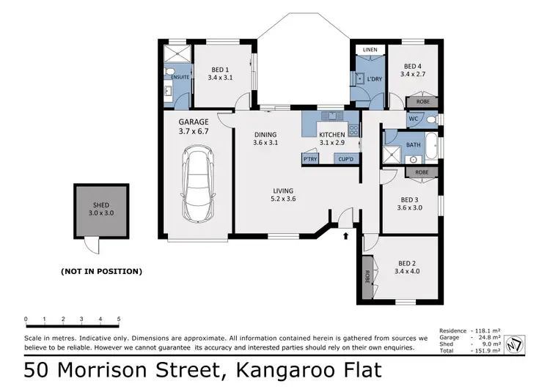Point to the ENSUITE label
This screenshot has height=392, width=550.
tap(180, 77)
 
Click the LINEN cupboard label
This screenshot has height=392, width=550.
tap(370, 50)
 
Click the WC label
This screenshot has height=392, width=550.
tap(413, 118)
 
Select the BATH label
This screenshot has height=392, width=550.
tap(413, 144)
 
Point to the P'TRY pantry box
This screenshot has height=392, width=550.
tap(309, 158)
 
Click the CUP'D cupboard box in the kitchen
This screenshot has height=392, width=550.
tap(345, 158)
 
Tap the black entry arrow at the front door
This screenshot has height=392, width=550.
tap(345, 235)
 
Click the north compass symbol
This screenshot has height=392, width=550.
tap(518, 340)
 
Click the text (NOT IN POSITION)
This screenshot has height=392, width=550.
tap(100, 271)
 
